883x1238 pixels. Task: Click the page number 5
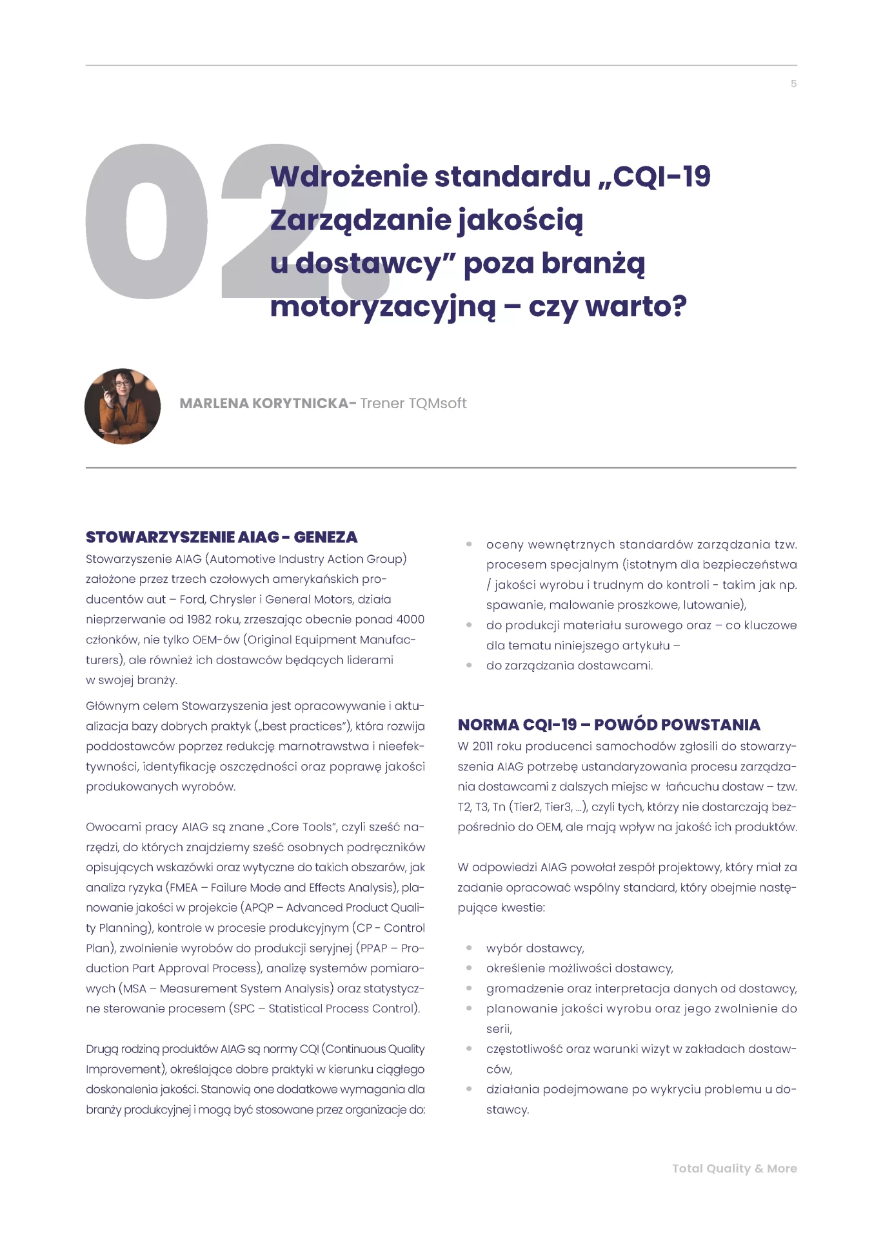click(x=793, y=84)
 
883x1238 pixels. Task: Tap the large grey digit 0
click(x=146, y=221)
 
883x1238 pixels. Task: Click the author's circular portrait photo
click(x=123, y=406)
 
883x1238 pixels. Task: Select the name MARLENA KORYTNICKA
click(x=264, y=404)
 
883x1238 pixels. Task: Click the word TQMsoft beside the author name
click(x=437, y=404)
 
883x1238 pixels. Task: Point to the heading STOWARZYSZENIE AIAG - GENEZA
click(x=221, y=537)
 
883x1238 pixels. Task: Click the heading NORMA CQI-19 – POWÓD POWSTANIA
click(x=609, y=725)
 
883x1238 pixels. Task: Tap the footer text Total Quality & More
click(x=734, y=1168)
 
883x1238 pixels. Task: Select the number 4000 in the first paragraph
click(x=410, y=620)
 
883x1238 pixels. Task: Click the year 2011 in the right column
click(x=482, y=747)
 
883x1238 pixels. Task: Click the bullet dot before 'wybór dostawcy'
click(x=469, y=948)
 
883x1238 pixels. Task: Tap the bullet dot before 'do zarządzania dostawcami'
click(x=469, y=665)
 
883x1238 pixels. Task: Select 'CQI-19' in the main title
click(x=661, y=177)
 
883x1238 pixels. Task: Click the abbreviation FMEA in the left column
click(x=183, y=888)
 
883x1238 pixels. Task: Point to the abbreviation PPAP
click(x=373, y=948)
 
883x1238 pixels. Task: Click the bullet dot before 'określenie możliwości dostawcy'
click(x=469, y=968)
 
